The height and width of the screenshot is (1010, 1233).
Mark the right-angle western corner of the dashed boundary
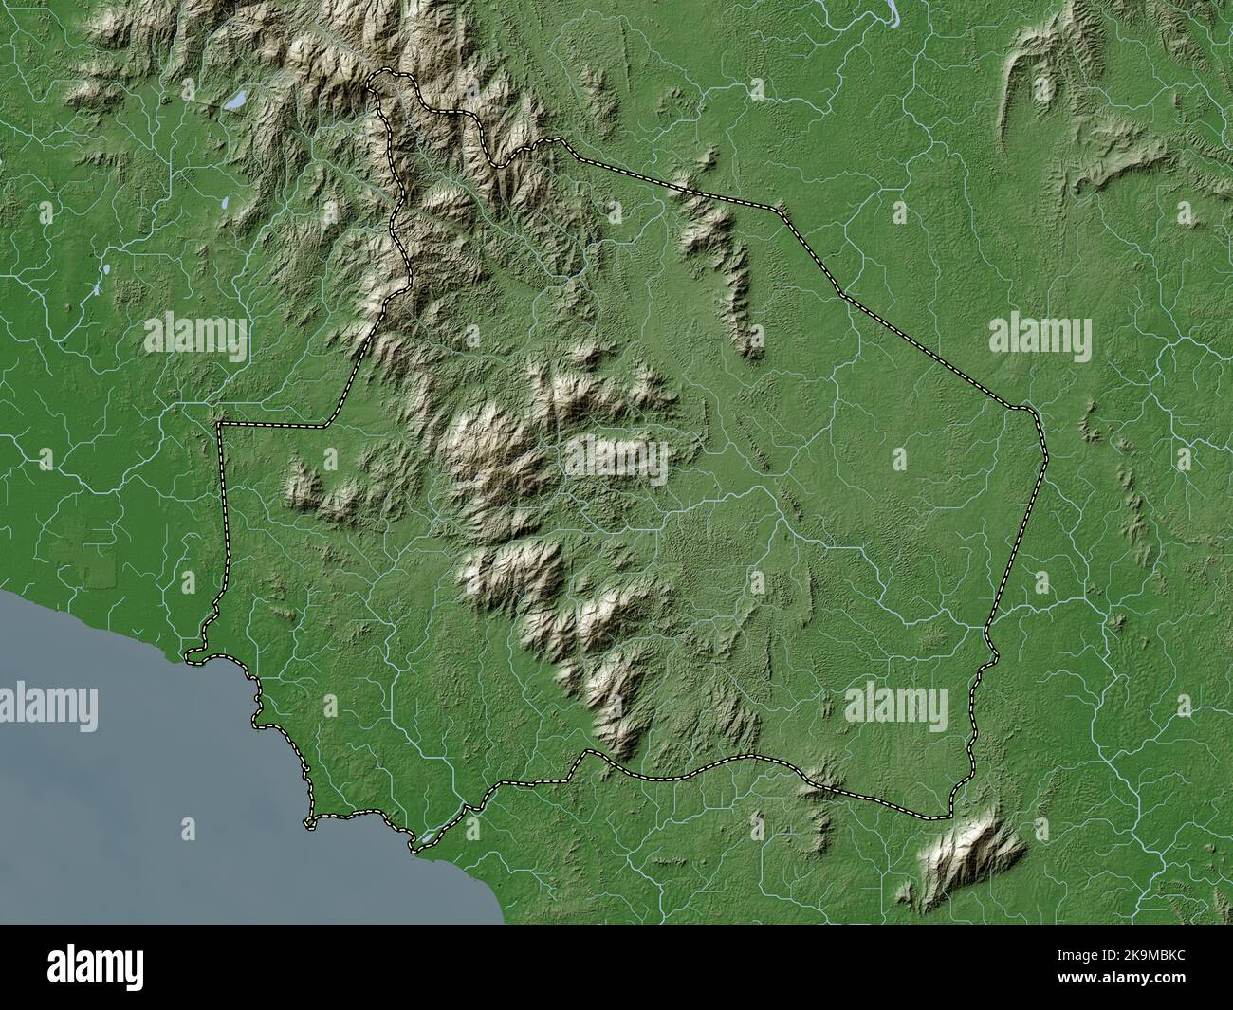[220, 425]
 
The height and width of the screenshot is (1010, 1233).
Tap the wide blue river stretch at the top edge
[893, 9]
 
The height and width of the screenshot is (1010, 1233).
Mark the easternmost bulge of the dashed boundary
[1045, 455]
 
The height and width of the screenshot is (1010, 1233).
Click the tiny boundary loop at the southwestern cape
[194, 653]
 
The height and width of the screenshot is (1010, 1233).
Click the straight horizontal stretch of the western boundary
[275, 424]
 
